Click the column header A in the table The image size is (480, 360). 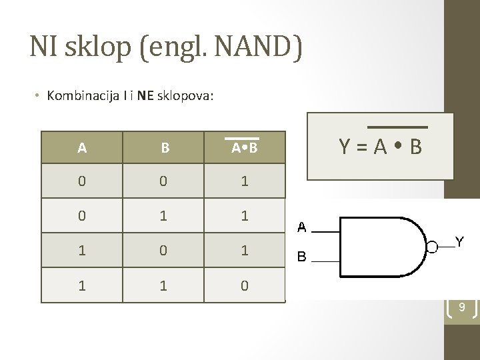click(81, 148)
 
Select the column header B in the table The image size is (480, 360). click(164, 148)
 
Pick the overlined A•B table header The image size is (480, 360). click(245, 148)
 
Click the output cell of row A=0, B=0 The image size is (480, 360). click(245, 181)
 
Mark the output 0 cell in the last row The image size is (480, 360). click(245, 286)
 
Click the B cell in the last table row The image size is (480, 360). click(164, 286)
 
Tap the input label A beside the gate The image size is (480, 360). click(301, 228)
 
